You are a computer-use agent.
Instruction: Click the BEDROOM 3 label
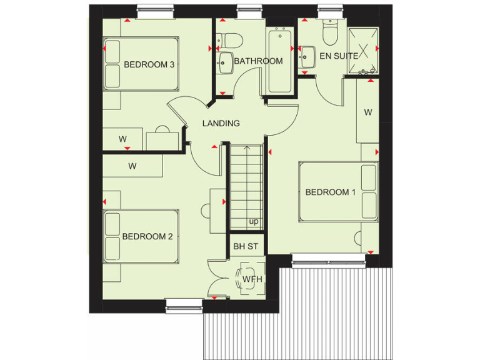pyautogui.click(x=149, y=64)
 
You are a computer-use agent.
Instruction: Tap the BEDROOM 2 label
pyautogui.click(x=147, y=236)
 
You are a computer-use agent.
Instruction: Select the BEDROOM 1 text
pyautogui.click(x=330, y=192)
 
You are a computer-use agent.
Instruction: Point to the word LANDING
pyautogui.click(x=221, y=123)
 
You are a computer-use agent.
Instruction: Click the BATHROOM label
pyautogui.click(x=258, y=61)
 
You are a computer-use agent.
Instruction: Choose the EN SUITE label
pyautogui.click(x=339, y=56)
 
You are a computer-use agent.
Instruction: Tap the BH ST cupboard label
pyautogui.click(x=246, y=246)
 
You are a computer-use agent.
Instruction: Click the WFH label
pyautogui.click(x=251, y=279)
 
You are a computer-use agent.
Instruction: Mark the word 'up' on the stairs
pyautogui.click(x=254, y=221)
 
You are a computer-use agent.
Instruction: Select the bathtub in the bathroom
pyautogui.click(x=279, y=61)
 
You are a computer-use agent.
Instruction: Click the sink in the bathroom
pyautogui.click(x=224, y=61)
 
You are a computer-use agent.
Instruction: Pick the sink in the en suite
pyautogui.click(x=306, y=58)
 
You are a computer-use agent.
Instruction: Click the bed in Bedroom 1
pyautogui.click(x=339, y=192)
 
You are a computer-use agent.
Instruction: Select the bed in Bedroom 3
pyautogui.click(x=141, y=64)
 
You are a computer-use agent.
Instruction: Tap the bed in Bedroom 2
pyautogui.click(x=141, y=237)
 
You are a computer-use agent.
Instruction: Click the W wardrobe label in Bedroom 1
pyautogui.click(x=368, y=112)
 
